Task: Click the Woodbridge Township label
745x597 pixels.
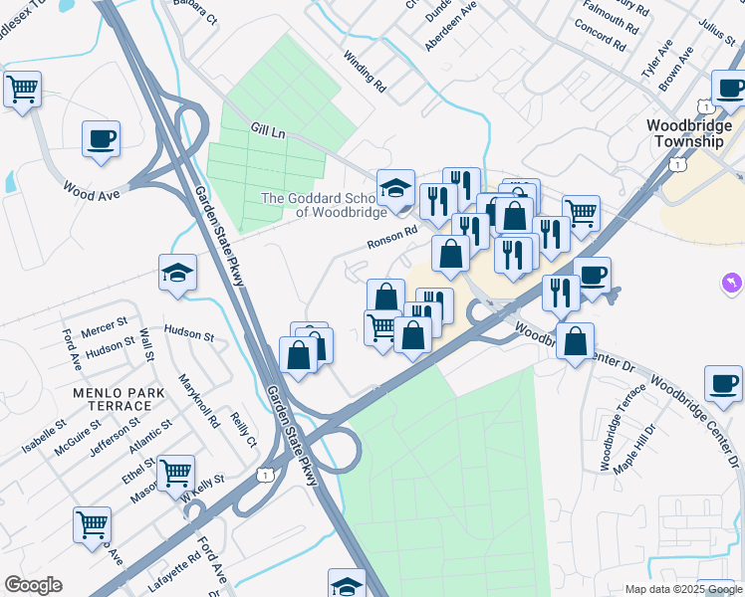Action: click(685, 133)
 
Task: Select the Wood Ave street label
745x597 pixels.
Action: click(92, 190)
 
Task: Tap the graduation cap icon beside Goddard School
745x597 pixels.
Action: click(395, 187)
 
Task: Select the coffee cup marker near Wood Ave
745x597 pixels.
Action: click(102, 138)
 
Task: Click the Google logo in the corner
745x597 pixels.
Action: click(33, 585)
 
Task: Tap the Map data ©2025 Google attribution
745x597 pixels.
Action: click(682, 589)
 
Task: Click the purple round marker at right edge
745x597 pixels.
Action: click(734, 285)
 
